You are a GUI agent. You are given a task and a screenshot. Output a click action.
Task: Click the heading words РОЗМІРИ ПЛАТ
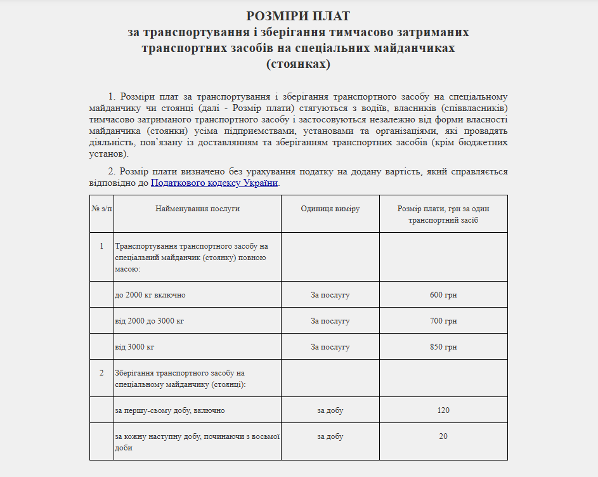pos(298,16)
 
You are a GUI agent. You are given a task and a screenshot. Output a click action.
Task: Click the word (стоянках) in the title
pos(298,64)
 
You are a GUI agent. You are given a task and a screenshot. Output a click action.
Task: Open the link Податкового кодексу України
pos(214,183)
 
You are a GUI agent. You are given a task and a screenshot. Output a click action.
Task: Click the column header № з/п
pos(101,209)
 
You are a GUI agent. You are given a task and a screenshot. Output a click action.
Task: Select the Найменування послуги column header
pos(197,209)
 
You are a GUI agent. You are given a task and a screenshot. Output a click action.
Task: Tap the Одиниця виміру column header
pos(330,209)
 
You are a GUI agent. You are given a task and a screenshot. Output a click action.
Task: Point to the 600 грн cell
pos(443,295)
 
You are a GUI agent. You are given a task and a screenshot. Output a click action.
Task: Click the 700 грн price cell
pos(443,321)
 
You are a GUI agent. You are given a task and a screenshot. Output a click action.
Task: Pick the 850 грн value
pos(443,347)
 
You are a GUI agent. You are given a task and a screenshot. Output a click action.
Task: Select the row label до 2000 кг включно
pos(150,295)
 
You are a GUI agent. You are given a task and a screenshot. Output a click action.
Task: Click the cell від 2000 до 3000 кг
pos(150,321)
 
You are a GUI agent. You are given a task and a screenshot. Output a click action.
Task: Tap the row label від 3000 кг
pos(134,347)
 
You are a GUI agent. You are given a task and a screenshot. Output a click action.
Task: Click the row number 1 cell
pos(101,245)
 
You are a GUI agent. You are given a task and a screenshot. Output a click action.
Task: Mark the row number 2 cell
pos(101,373)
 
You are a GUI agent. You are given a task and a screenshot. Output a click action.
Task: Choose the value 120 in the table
pos(443,410)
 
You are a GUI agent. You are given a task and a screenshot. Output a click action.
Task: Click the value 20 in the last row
pos(443,436)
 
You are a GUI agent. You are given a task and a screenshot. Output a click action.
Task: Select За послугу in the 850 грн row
pos(330,347)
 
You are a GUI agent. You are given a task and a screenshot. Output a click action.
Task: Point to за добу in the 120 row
pos(330,410)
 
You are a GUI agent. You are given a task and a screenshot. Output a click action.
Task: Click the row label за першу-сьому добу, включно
pos(169,410)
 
